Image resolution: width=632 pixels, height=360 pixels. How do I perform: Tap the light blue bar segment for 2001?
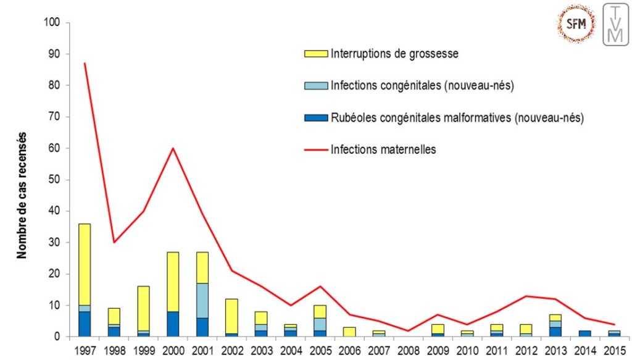[x=202, y=301]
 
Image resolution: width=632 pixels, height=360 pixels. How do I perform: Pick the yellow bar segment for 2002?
[x=231, y=316]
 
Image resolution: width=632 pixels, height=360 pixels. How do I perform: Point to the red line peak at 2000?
[x=174, y=148]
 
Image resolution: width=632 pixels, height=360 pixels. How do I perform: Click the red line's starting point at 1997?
[x=85, y=64]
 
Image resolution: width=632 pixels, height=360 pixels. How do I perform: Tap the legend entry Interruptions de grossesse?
[x=394, y=54]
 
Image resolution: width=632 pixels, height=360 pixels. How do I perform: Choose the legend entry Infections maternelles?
[x=383, y=149]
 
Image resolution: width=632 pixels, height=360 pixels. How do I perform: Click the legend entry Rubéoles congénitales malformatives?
[x=457, y=117]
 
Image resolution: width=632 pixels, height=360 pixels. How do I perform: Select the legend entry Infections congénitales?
[x=422, y=85]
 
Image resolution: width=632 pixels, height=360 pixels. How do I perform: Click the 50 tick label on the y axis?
[x=54, y=180]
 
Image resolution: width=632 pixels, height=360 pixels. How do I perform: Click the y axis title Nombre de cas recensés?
[x=22, y=195]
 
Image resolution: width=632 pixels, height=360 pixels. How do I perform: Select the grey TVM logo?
[x=615, y=24]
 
